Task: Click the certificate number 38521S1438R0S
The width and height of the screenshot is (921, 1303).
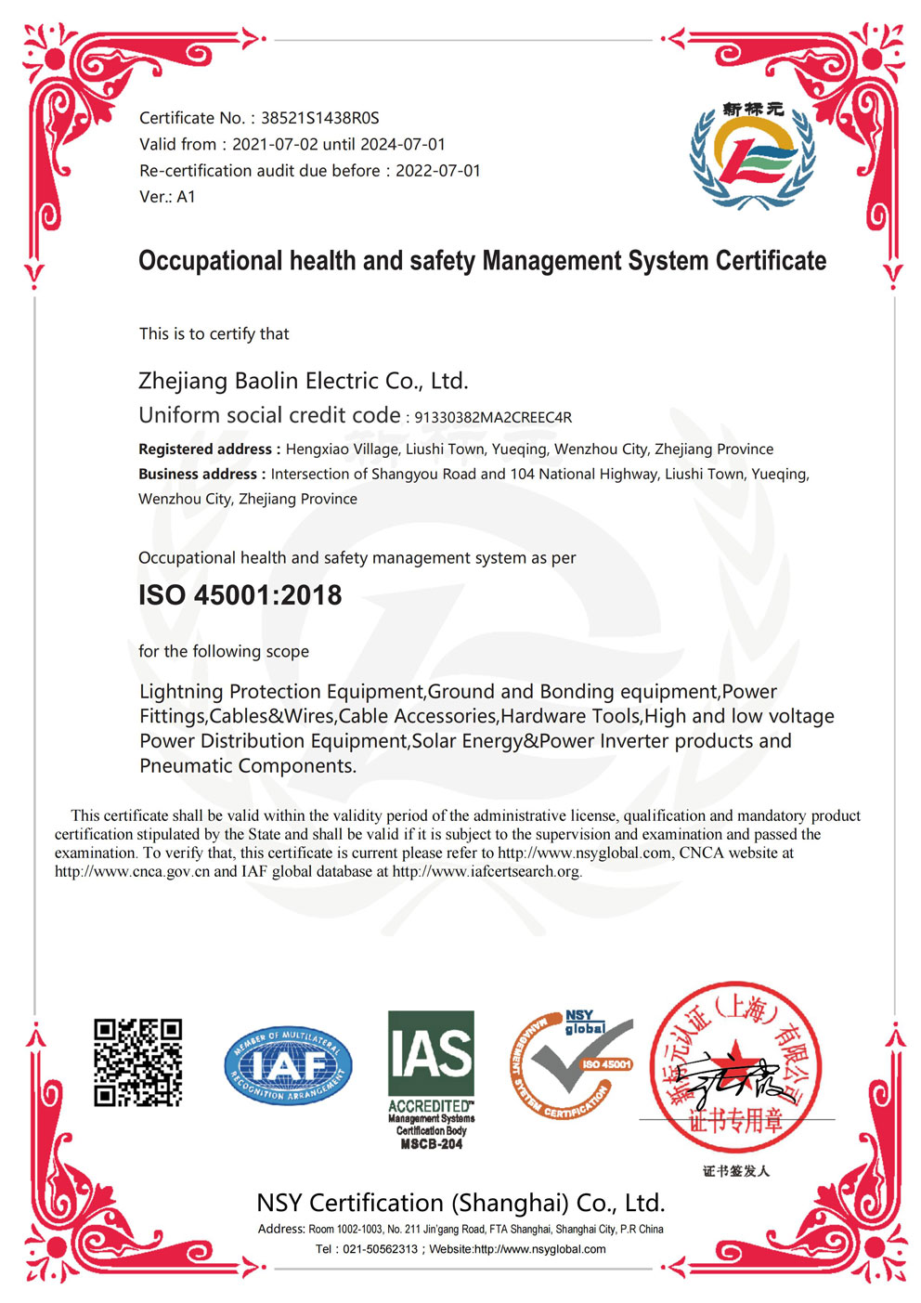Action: point(319,118)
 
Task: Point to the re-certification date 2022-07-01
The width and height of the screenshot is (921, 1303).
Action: point(438,170)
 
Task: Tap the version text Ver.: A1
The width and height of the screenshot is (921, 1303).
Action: point(167,196)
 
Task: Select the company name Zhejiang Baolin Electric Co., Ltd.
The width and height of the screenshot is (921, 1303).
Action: point(303,381)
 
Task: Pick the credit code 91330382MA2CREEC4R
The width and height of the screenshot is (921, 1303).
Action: point(493,417)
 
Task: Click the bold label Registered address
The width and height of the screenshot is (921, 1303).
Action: point(207,450)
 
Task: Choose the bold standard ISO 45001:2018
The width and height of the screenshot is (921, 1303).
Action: point(240,595)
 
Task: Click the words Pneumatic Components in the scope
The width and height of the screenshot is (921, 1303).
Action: point(247,766)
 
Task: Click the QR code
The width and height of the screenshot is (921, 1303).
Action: point(137,1062)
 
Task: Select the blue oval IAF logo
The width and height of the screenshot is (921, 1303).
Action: point(288,1065)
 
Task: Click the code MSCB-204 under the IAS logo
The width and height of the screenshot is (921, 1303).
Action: point(431,1144)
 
